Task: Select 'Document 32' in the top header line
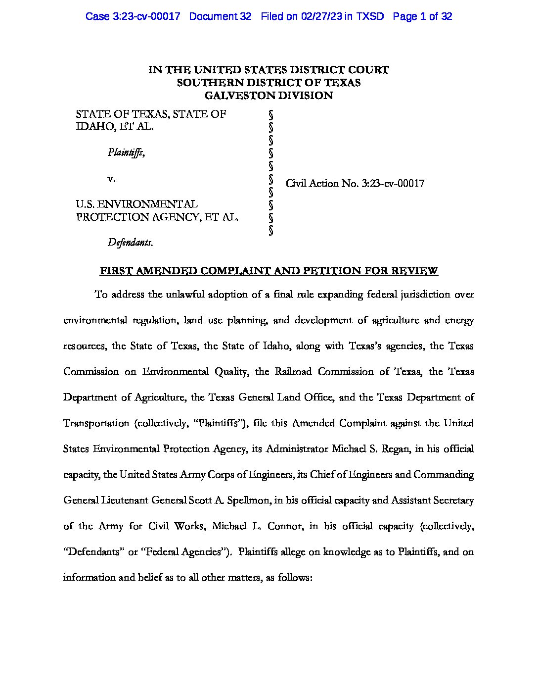click(x=220, y=16)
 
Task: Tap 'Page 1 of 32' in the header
click(x=422, y=16)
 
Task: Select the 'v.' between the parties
click(x=112, y=178)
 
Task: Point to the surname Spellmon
click(x=249, y=500)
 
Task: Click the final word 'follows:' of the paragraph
click(x=295, y=578)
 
